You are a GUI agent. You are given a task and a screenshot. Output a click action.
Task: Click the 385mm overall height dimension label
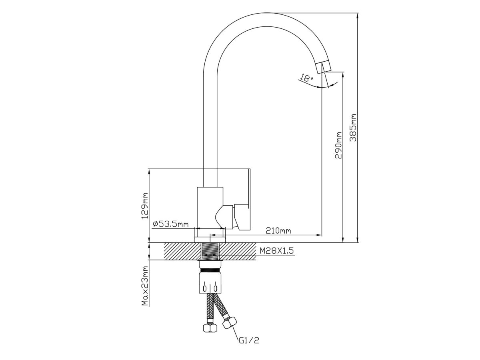coord(353,128)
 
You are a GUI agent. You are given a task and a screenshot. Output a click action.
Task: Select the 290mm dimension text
coord(338,145)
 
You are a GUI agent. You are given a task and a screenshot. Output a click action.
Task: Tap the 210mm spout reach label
coord(278,230)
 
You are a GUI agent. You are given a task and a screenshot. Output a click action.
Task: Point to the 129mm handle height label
coord(145,206)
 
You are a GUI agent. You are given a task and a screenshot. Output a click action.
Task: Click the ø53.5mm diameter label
coord(170,224)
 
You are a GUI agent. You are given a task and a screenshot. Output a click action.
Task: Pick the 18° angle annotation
coord(306,78)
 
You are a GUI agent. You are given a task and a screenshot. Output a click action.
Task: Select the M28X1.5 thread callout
coord(277,250)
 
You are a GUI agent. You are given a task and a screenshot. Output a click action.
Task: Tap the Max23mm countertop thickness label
coord(145,286)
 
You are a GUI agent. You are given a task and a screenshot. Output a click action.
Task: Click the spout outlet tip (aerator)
coord(324,67)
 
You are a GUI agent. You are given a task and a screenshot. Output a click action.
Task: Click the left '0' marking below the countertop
coord(205,288)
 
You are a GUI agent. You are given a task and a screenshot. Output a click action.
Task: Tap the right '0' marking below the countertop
coord(215,288)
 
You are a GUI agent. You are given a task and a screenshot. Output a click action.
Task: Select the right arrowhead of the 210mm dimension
coord(319,235)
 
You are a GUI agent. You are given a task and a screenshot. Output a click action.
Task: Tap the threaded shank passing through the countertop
coord(210,252)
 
